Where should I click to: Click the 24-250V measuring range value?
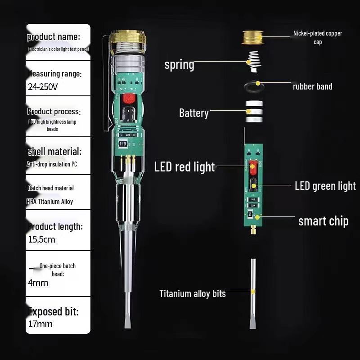43,87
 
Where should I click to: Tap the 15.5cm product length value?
42,239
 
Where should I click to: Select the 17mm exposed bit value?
40,324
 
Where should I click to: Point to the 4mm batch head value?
38,283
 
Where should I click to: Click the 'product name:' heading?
54,37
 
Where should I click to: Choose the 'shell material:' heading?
54,152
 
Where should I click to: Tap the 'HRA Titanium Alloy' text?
50,202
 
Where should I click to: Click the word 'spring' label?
179,64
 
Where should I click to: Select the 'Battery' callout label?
194,112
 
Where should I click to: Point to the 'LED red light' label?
184,167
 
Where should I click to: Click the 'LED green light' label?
325,186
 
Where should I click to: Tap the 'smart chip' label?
323,221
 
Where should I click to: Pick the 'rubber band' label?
312,86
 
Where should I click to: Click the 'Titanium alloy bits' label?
193,294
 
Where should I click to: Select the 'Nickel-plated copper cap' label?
318,37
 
